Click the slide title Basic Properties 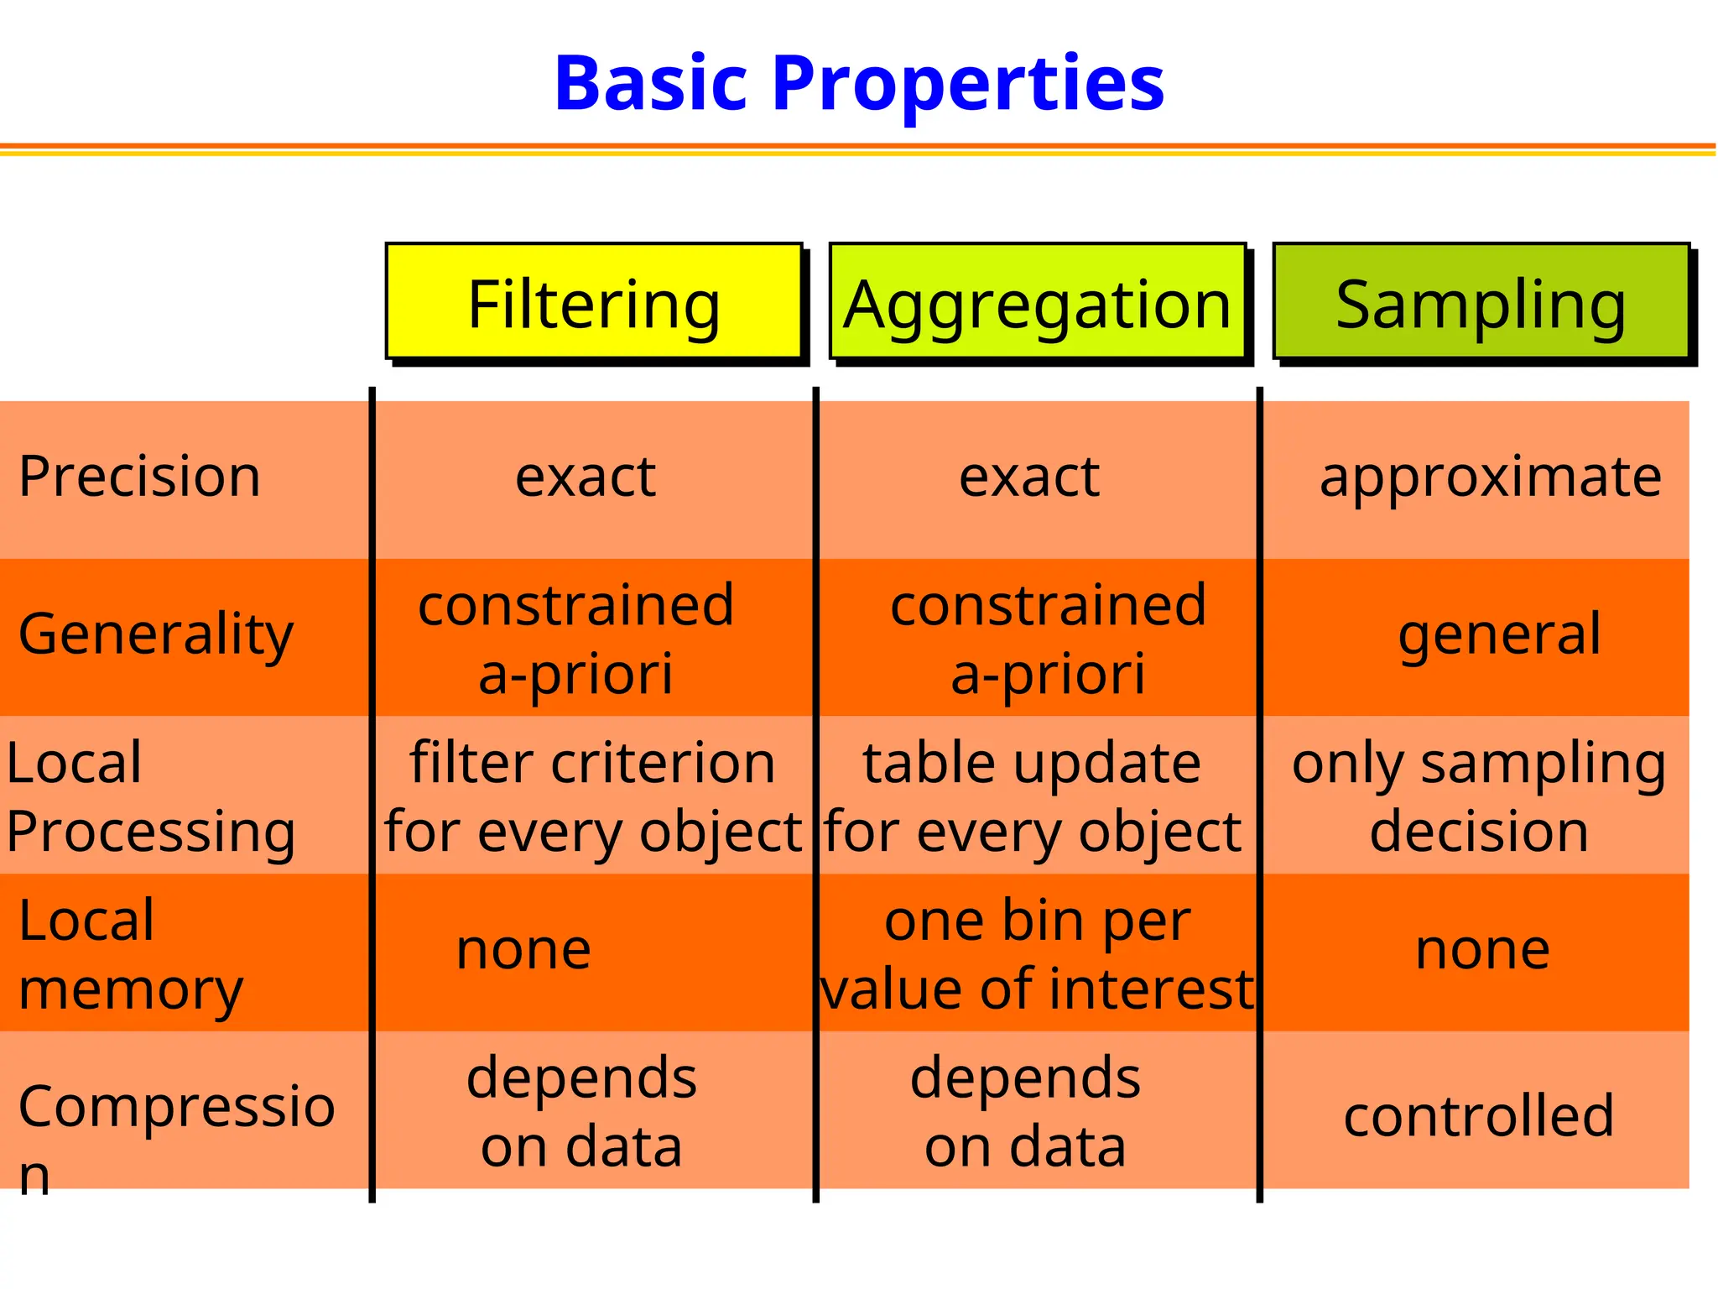(859, 84)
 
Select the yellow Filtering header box (594, 302)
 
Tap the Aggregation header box (1037, 302)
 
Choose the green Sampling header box (1481, 302)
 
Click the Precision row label (139, 477)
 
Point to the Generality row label (156, 634)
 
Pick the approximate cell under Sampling (1490, 477)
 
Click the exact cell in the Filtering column (586, 477)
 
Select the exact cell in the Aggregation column (1028, 477)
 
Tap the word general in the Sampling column (1499, 634)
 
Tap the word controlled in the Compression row (1478, 1116)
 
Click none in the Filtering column (523, 950)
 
